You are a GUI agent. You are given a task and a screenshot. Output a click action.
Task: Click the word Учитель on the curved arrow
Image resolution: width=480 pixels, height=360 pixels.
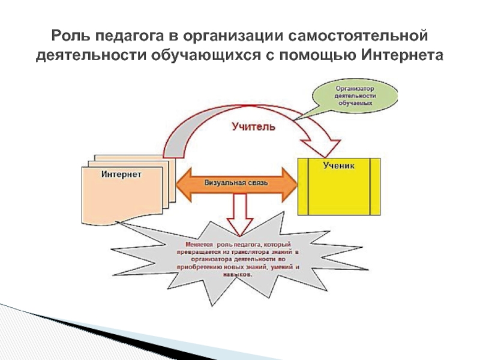(x=254, y=127)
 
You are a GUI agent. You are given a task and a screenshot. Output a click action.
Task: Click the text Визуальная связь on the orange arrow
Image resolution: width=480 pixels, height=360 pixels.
(x=237, y=182)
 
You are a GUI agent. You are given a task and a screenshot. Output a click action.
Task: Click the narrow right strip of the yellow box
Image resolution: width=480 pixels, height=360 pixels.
(x=375, y=186)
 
